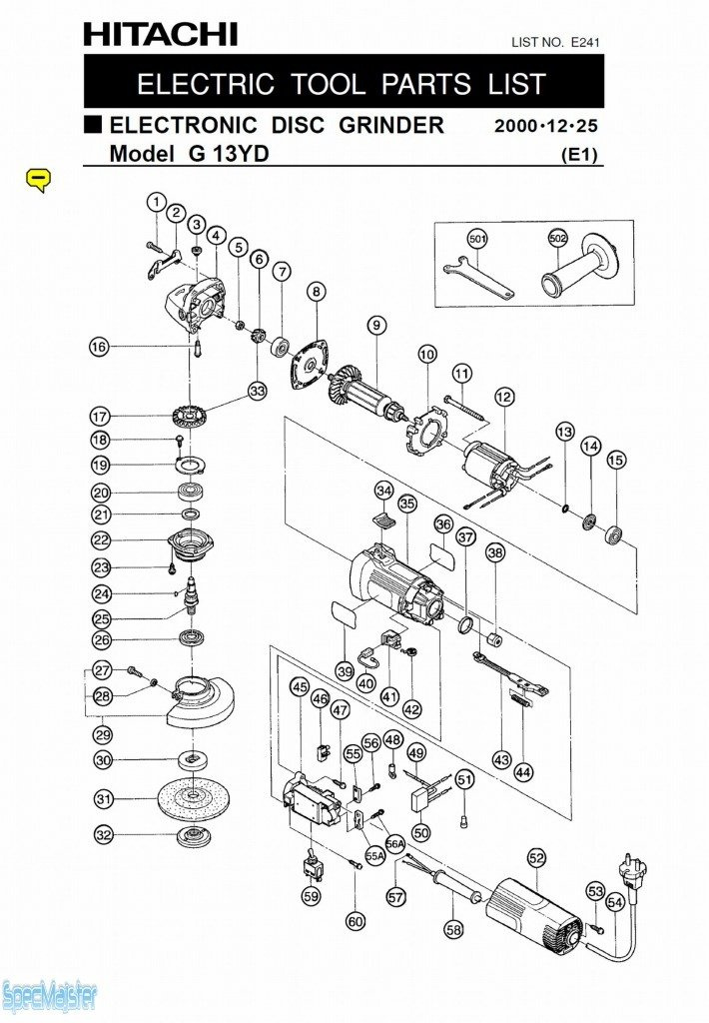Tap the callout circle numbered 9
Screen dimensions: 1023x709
click(x=375, y=325)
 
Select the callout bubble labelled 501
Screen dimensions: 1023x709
click(x=477, y=239)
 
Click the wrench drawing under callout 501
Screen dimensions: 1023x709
click(x=477, y=278)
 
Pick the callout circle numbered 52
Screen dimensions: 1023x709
click(x=537, y=858)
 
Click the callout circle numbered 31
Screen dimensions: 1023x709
click(x=103, y=798)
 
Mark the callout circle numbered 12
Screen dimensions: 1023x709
click(x=504, y=398)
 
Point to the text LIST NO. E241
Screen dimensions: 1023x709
click(x=555, y=43)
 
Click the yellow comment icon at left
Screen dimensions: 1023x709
click(x=37, y=179)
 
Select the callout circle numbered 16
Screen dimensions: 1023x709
click(x=98, y=347)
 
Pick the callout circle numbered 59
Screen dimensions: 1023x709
click(x=312, y=896)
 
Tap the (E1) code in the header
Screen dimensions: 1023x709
click(x=579, y=154)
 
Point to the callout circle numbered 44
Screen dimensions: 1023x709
click(x=523, y=771)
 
